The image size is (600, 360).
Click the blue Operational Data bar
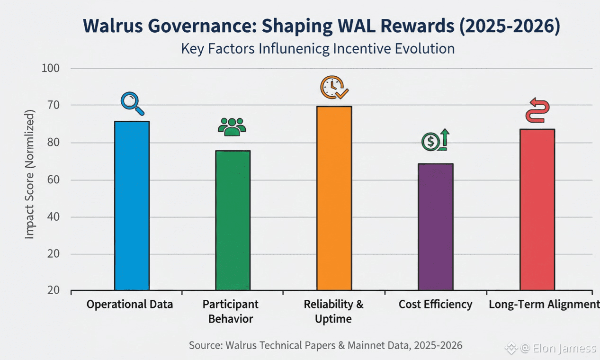click(132, 206)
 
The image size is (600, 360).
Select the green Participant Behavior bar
click(233, 220)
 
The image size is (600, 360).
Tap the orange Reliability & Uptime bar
click(334, 198)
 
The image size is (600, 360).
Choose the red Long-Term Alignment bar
click(537, 209)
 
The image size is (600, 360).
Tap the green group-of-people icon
click(232, 127)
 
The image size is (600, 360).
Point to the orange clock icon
click(334, 88)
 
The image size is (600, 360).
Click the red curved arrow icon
click(537, 110)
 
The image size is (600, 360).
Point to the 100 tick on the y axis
click(51, 68)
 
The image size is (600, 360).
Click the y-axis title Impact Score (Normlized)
click(29, 174)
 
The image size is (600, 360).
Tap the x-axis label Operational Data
click(130, 304)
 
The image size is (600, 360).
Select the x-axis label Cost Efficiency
click(435, 304)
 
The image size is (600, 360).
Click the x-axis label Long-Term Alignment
click(543, 304)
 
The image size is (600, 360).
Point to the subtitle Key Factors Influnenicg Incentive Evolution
click(318, 48)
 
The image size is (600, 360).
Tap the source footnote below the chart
click(325, 345)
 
